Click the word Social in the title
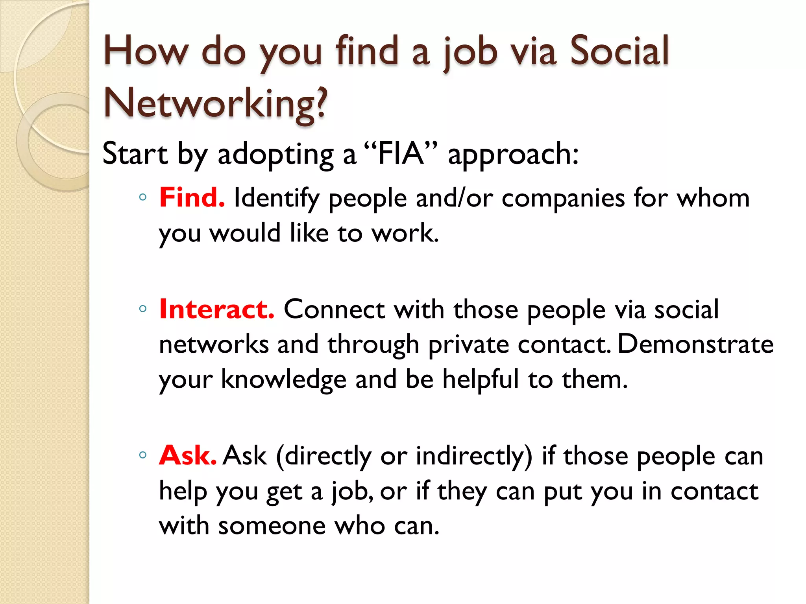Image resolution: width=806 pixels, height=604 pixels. (x=619, y=51)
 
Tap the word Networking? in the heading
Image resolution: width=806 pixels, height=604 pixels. (x=215, y=103)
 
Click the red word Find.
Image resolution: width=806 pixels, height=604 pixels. (x=192, y=197)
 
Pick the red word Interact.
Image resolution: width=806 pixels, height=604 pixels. (x=217, y=309)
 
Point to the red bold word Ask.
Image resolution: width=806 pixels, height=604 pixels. (x=188, y=455)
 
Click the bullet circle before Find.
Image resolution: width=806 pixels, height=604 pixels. (x=143, y=197)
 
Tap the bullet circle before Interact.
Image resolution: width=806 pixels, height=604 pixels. (x=143, y=309)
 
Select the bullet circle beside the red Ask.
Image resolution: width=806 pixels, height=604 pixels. (x=143, y=455)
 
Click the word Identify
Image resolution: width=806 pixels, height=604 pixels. (x=276, y=198)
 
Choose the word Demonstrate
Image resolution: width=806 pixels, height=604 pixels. (x=695, y=344)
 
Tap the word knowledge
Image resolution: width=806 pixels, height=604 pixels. (x=283, y=380)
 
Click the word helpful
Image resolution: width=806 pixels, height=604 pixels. (x=481, y=380)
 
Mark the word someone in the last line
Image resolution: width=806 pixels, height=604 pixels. (x=272, y=526)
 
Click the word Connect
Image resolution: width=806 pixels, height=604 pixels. (x=334, y=309)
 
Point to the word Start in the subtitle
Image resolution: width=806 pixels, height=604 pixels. (x=135, y=153)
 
